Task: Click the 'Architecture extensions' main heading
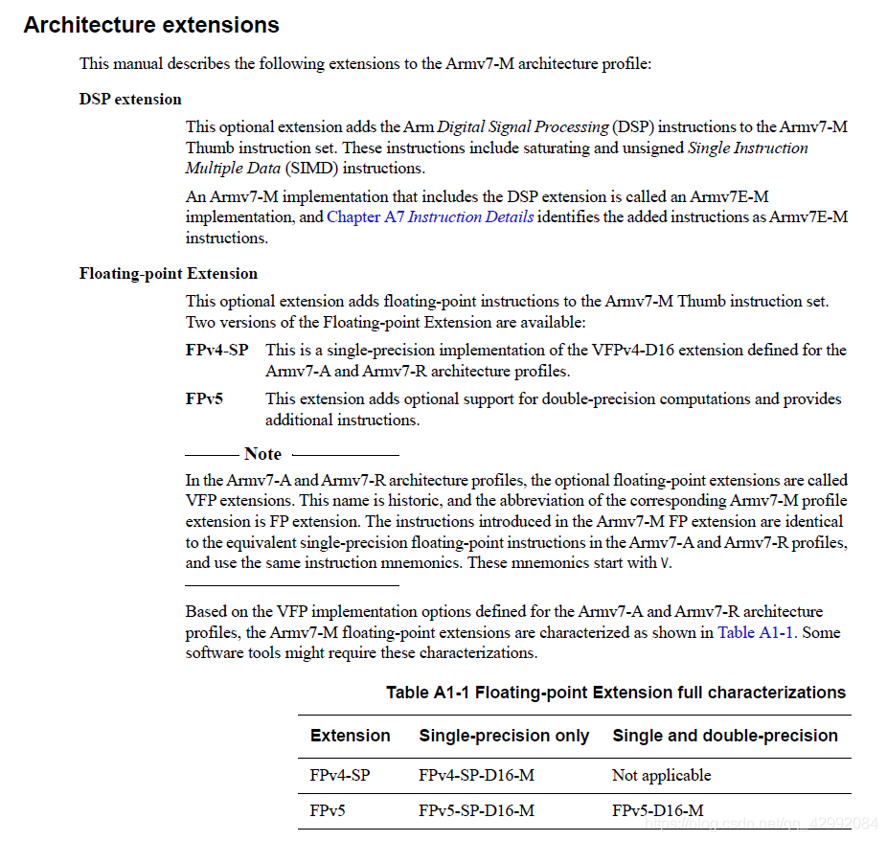[151, 26]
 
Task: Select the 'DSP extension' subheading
[130, 100]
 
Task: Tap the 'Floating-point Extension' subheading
[169, 274]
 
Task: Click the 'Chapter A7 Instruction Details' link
[430, 217]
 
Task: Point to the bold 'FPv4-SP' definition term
[217, 351]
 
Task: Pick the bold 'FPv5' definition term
[204, 399]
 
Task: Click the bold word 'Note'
[262, 454]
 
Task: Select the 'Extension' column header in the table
[351, 737]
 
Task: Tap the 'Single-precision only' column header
[504, 737]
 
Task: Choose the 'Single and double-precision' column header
[725, 737]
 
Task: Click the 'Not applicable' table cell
[662, 776]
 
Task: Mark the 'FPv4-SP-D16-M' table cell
[476, 776]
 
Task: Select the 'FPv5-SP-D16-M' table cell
[476, 811]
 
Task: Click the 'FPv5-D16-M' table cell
[658, 811]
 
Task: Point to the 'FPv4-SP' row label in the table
[340, 776]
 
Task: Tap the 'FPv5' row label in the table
[328, 811]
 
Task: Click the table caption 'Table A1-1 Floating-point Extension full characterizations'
[616, 693]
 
